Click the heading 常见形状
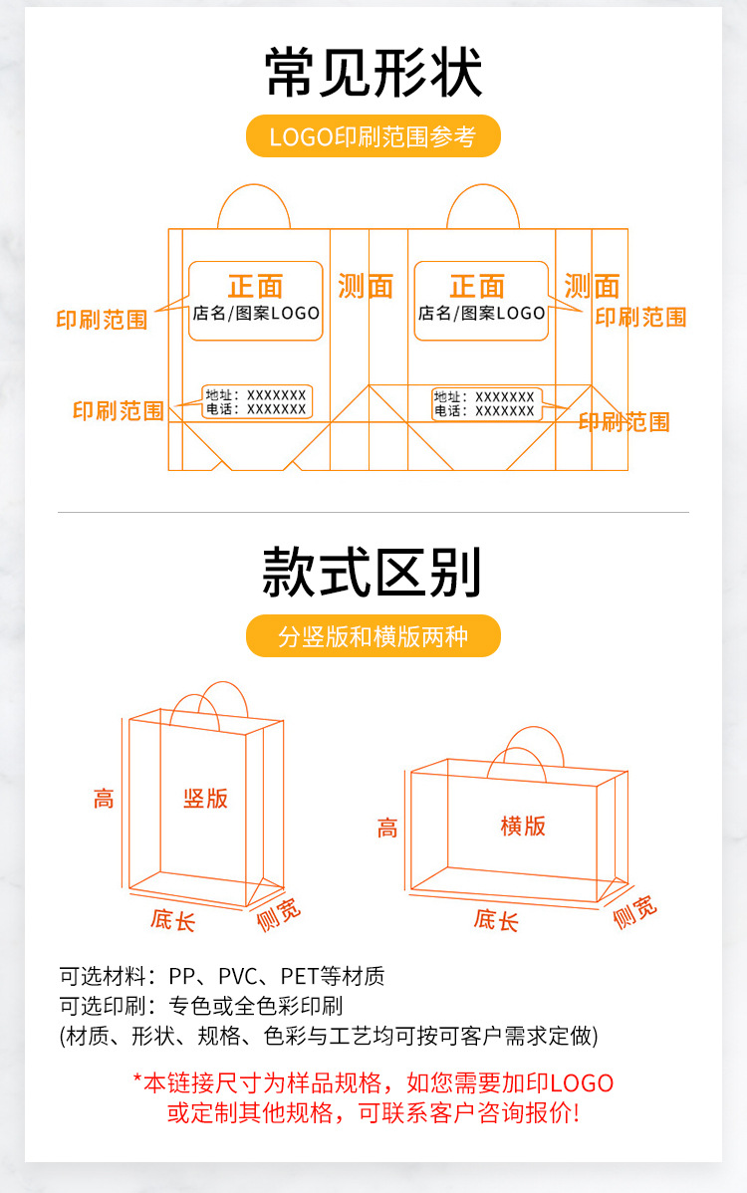coord(373,73)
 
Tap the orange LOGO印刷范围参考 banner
coord(373,136)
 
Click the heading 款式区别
coord(373,572)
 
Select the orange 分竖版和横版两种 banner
coord(373,636)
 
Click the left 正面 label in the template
coord(256,287)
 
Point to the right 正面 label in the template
coord(478,287)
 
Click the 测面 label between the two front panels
coord(366,287)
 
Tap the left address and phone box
coord(257,402)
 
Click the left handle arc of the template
coord(254,185)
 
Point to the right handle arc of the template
coord(483,185)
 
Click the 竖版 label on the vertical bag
coord(205,798)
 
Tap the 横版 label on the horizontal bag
coord(523,826)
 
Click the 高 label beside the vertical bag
coord(104,799)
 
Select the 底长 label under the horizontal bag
coord(496,920)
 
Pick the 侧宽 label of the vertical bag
coord(279,914)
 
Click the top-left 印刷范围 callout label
coord(102,320)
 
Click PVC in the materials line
coord(238,975)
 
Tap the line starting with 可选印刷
coord(201,1006)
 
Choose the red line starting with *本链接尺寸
coord(373,1082)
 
